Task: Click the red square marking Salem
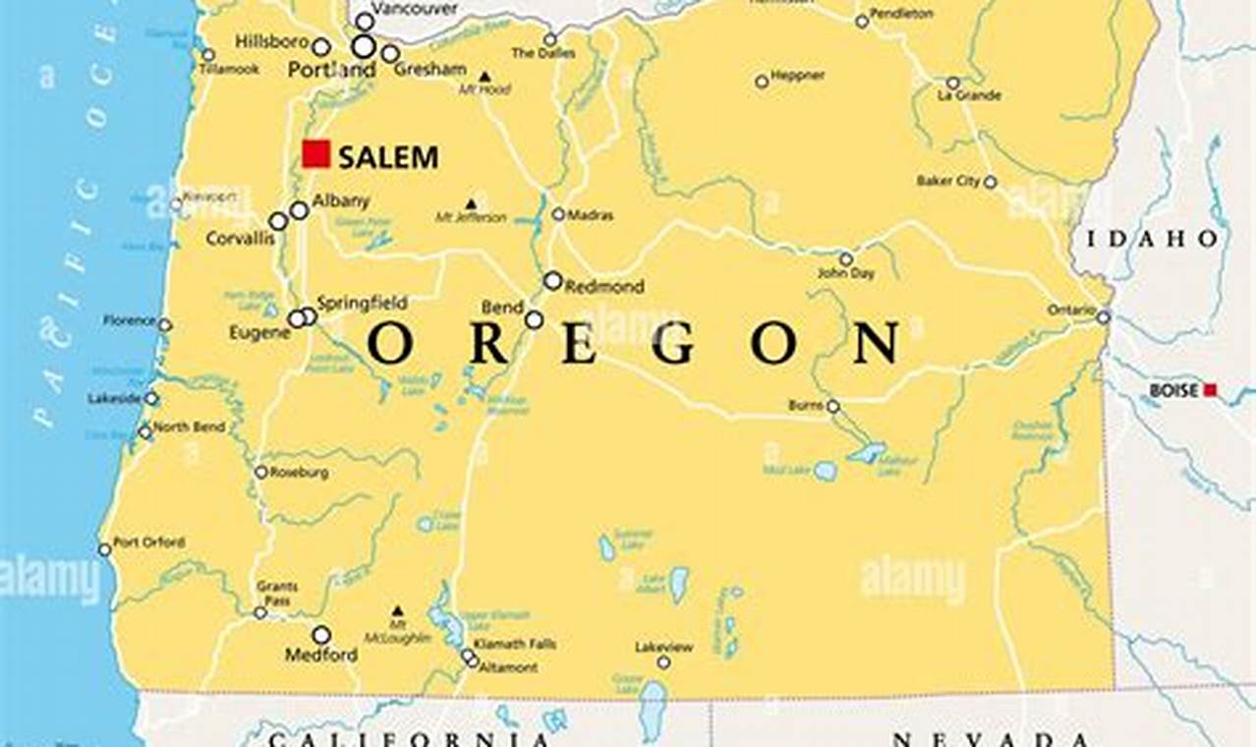[x=315, y=154]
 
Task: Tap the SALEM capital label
[x=388, y=157]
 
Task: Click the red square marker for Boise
[x=1210, y=390]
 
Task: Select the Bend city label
[x=502, y=308]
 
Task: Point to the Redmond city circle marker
[x=552, y=281]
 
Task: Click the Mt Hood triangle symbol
[x=485, y=76]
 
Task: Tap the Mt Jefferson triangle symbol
[x=471, y=204]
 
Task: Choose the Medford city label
[x=321, y=655]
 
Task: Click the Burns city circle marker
[x=832, y=406]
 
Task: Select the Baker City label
[x=948, y=181]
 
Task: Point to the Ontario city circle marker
[x=1104, y=316]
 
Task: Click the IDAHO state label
[x=1153, y=239]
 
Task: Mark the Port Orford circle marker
[x=104, y=549]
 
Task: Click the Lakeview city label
[x=663, y=647]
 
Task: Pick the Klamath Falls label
[x=514, y=645]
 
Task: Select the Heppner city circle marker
[x=762, y=82]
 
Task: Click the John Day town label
[x=845, y=274]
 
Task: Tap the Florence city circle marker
[x=164, y=324]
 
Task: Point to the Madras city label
[x=591, y=215]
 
